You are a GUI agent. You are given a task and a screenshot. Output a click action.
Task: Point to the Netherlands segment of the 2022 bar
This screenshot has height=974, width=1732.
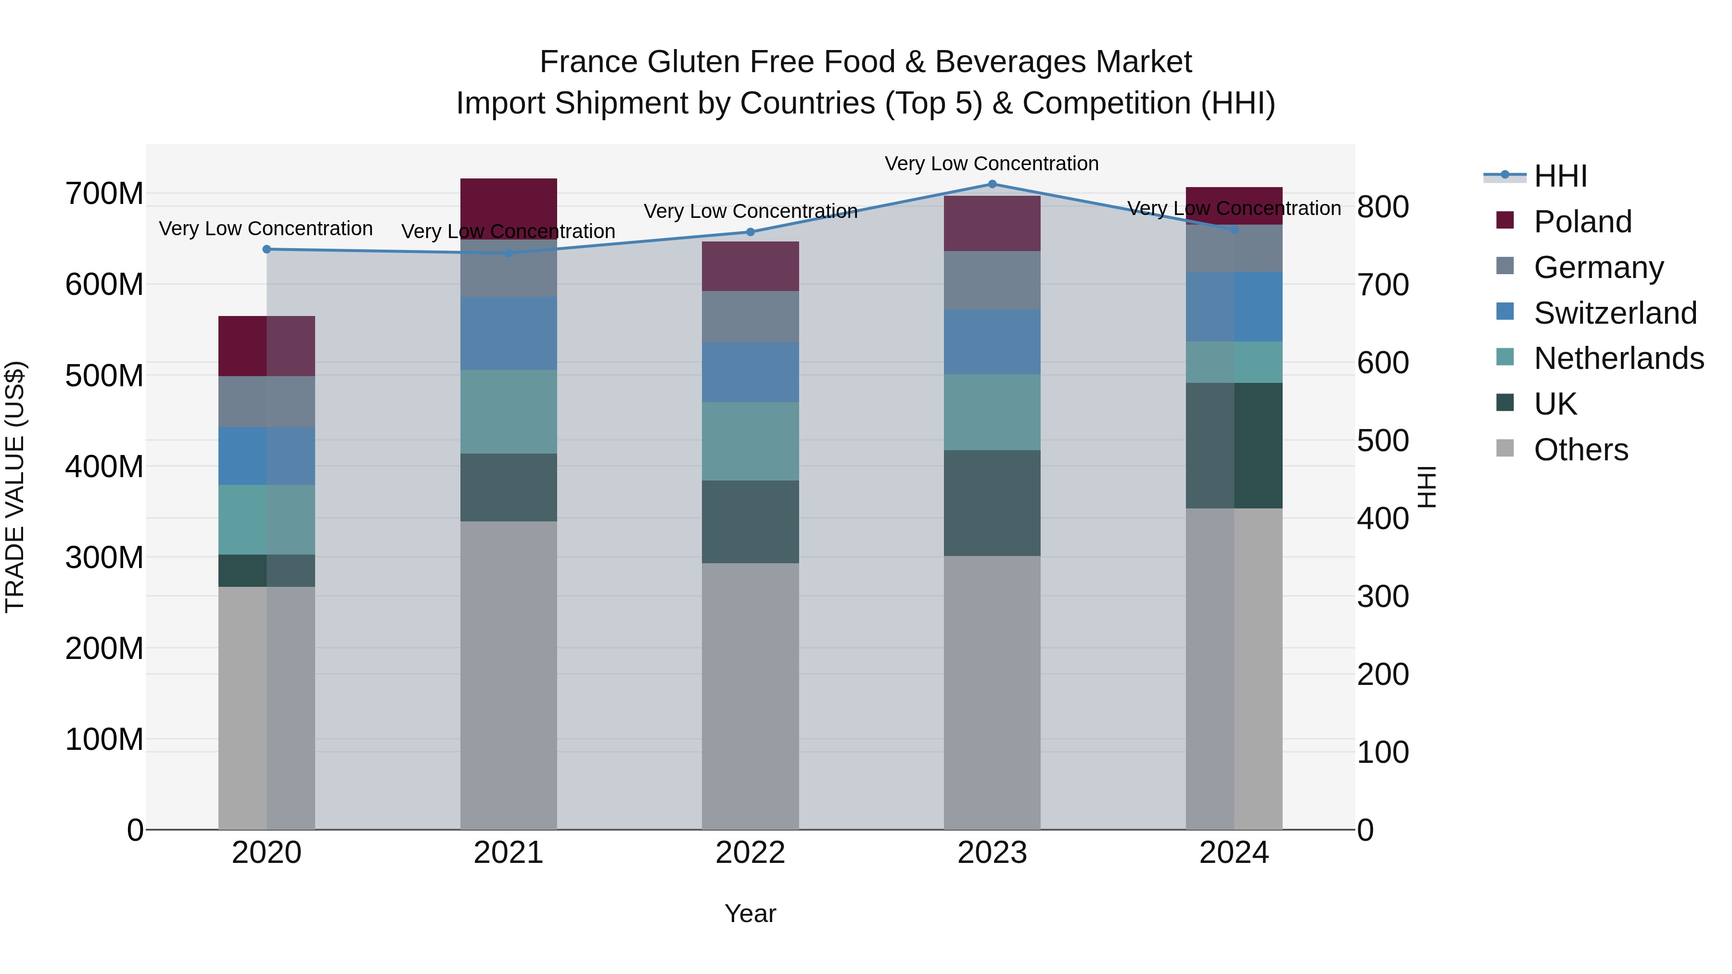(751, 441)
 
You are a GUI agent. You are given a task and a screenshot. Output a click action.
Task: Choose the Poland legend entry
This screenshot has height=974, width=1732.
(1582, 222)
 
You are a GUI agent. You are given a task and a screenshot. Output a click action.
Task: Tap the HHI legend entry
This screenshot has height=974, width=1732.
(1560, 176)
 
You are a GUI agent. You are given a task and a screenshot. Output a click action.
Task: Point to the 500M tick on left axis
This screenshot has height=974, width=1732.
(104, 375)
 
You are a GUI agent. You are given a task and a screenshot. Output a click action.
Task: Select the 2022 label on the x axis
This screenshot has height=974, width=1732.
(751, 853)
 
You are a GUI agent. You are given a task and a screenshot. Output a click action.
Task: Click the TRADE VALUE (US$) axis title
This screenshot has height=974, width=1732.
(15, 487)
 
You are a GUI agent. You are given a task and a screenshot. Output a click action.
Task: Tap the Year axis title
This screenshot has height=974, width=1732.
(751, 913)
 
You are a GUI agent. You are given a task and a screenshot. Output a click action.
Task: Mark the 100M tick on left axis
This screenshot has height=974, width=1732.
(104, 739)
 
